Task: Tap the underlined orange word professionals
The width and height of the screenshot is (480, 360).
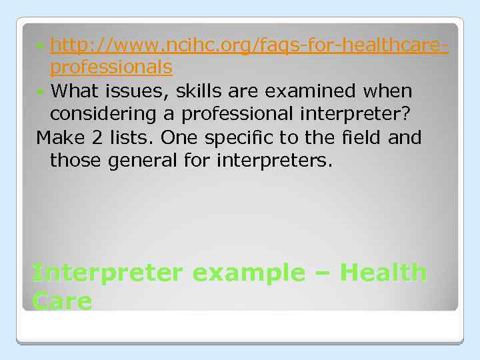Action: [x=111, y=67]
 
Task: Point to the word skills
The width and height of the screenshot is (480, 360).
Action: [x=199, y=91]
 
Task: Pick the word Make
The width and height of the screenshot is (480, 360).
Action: [x=59, y=138]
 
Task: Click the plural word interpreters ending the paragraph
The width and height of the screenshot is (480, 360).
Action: [x=274, y=161]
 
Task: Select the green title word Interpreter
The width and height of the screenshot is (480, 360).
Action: [x=107, y=273]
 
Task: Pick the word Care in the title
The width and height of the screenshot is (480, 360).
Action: [x=61, y=301]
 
